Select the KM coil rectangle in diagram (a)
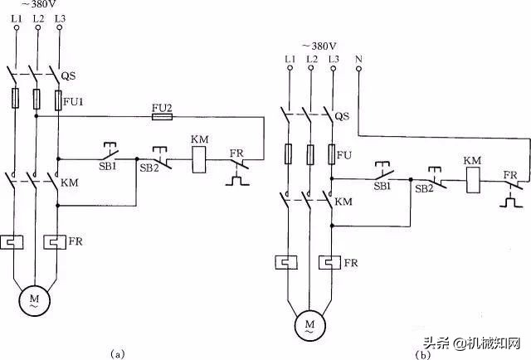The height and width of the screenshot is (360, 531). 199,159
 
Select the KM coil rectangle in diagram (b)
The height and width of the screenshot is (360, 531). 472,180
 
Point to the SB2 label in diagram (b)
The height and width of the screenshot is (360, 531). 425,188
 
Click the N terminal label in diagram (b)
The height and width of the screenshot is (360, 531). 358,58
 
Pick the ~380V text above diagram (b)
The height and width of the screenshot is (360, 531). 319,45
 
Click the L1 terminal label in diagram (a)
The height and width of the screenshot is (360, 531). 16,18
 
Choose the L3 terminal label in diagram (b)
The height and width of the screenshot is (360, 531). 334,58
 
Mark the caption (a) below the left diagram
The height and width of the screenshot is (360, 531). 117,353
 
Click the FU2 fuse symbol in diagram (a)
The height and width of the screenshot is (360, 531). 162,119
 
